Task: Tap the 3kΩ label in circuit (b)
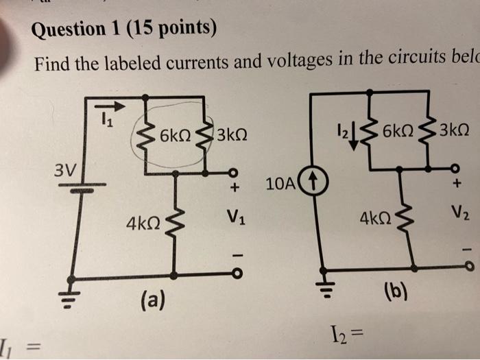pyautogui.click(x=456, y=130)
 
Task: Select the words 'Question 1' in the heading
pyautogui.click(x=76, y=29)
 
